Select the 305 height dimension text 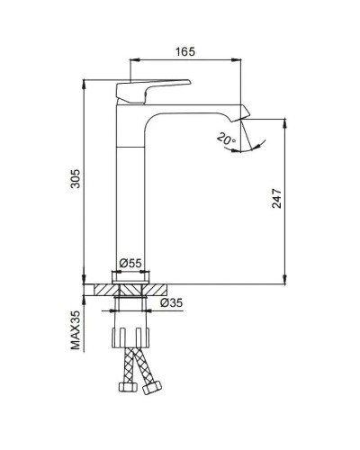tap(76, 180)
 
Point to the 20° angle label tap(225, 139)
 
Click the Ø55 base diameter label tap(131, 265)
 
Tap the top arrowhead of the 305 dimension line tap(83, 80)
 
